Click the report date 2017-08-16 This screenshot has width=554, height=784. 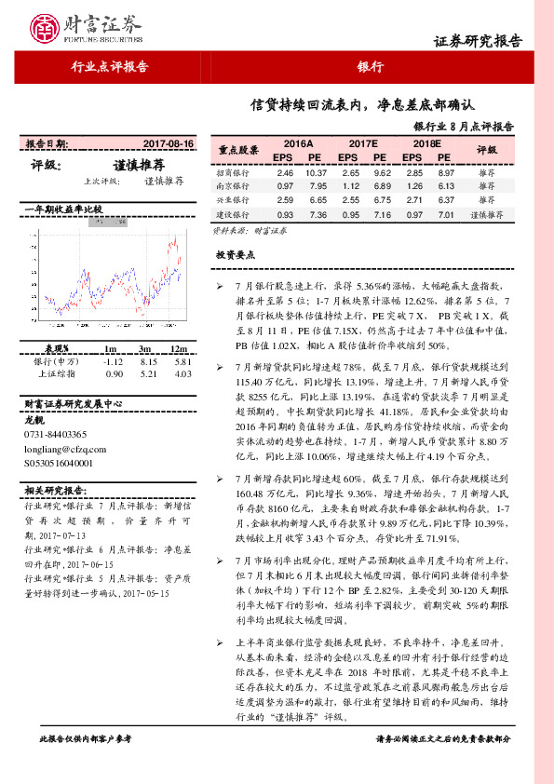[169, 144]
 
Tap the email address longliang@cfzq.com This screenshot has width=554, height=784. [63, 447]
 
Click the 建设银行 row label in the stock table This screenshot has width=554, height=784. [233, 214]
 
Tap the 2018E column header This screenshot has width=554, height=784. [427, 145]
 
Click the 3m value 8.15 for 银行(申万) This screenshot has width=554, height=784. [145, 361]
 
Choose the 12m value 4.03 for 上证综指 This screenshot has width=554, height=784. [182, 374]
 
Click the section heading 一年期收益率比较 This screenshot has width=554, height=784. [63, 209]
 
